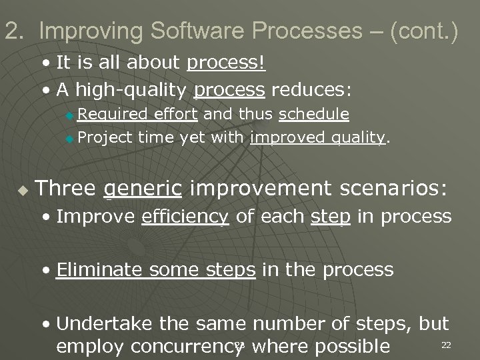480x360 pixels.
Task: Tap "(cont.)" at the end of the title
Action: click(424, 31)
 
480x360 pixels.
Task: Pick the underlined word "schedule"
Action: click(314, 114)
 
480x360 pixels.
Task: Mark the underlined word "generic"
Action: click(143, 188)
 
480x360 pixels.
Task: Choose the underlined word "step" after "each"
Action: click(331, 216)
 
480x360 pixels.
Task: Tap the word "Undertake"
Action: click(102, 324)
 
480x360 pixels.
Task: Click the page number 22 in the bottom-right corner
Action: click(447, 345)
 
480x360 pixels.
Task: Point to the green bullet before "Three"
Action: click(23, 190)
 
